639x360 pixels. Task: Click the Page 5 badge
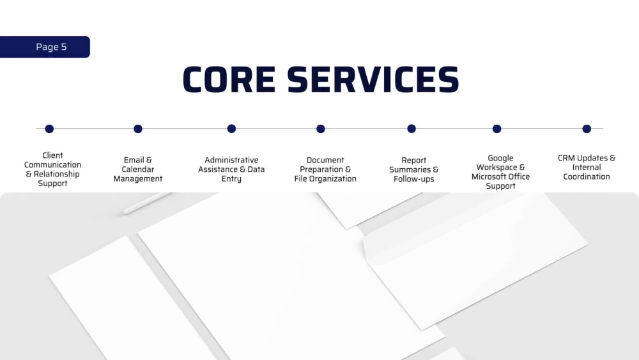coord(45,47)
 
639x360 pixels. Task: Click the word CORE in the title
coord(229,80)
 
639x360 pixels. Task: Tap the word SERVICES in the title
coord(373,80)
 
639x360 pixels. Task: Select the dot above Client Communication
coord(49,129)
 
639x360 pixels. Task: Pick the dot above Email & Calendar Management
coord(138,129)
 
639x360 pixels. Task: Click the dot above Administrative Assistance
coord(231,129)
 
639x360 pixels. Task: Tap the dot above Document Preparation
coord(321,129)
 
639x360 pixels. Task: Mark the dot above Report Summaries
coord(412,129)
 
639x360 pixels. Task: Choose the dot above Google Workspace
coord(497,129)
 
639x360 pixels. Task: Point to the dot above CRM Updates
coord(587,129)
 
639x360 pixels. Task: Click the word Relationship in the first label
coord(57,174)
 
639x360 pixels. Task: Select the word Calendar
coord(138,169)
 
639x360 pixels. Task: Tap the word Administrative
coord(231,160)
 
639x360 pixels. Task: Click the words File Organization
coord(325,178)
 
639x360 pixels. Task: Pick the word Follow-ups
coord(414,179)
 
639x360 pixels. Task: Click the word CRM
coord(566,158)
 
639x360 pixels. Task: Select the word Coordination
coord(587,176)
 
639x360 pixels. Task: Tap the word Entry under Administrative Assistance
coord(231,178)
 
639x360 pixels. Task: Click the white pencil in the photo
coord(147,203)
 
